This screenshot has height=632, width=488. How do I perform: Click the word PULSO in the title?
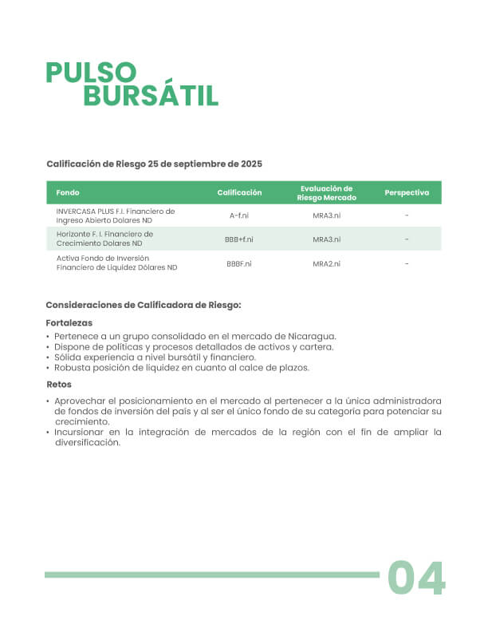click(92, 73)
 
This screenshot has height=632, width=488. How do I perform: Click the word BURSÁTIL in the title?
click(151, 96)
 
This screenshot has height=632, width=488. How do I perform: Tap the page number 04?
click(416, 579)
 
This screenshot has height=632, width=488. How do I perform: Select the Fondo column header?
click(68, 193)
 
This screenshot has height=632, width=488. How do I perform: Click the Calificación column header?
click(239, 193)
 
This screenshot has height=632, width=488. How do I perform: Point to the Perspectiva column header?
click(407, 193)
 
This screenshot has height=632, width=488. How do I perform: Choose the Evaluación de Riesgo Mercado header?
click(326, 193)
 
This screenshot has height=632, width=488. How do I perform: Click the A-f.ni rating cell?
click(239, 215)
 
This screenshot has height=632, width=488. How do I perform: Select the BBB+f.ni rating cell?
click(239, 239)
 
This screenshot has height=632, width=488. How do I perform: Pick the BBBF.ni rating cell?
click(239, 263)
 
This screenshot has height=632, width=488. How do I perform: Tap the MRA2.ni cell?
click(326, 263)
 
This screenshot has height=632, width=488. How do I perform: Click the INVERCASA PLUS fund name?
click(115, 215)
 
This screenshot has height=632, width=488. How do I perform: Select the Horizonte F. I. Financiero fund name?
click(104, 239)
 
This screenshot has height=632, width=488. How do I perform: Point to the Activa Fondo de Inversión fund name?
click(116, 263)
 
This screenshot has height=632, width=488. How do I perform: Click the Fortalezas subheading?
click(69, 323)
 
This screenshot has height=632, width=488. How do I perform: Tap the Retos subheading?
click(59, 384)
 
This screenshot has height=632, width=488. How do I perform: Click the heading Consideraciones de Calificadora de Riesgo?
click(144, 305)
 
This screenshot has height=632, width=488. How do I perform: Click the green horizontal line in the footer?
click(211, 575)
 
